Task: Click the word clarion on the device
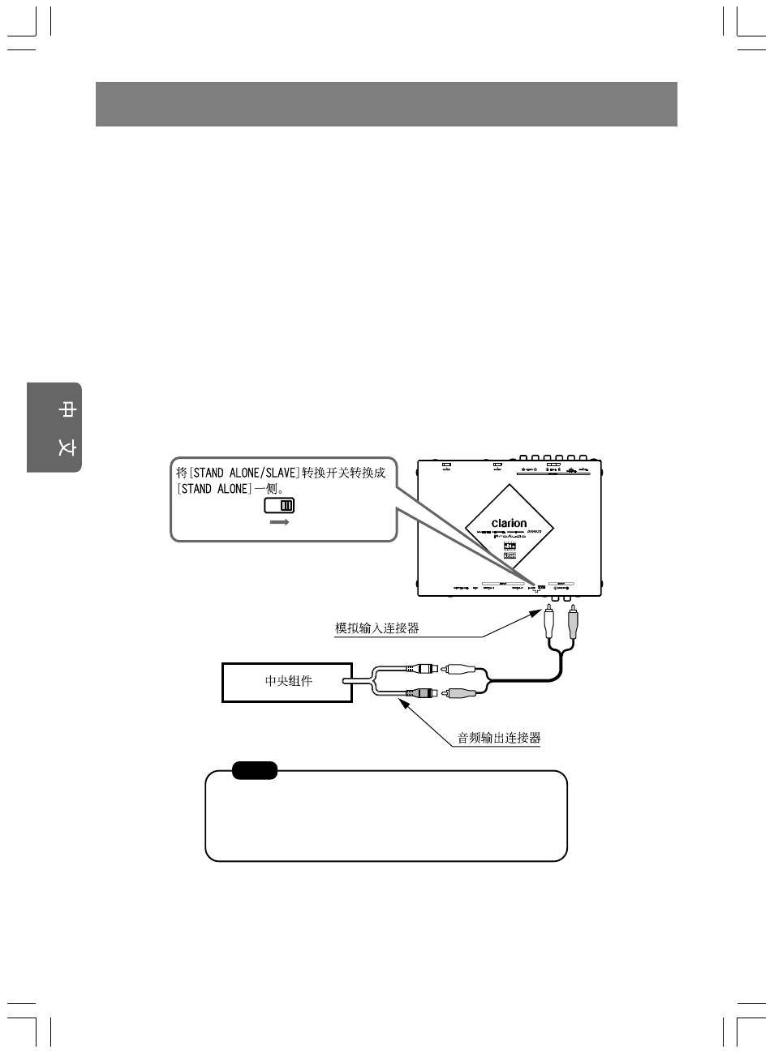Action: point(509,524)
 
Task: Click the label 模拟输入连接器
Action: point(377,628)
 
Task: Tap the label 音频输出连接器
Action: point(498,738)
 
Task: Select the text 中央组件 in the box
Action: point(288,681)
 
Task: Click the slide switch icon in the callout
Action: point(279,505)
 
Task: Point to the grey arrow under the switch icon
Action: point(279,523)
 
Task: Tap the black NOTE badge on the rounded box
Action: point(255,770)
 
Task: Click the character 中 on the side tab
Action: point(67,410)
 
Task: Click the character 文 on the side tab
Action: point(67,447)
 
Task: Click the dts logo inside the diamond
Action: point(510,547)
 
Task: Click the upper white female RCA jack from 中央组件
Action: point(424,670)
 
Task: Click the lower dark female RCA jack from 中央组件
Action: point(424,693)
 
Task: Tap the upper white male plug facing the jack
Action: point(460,670)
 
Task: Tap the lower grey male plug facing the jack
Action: point(460,693)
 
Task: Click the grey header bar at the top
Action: point(386,104)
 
